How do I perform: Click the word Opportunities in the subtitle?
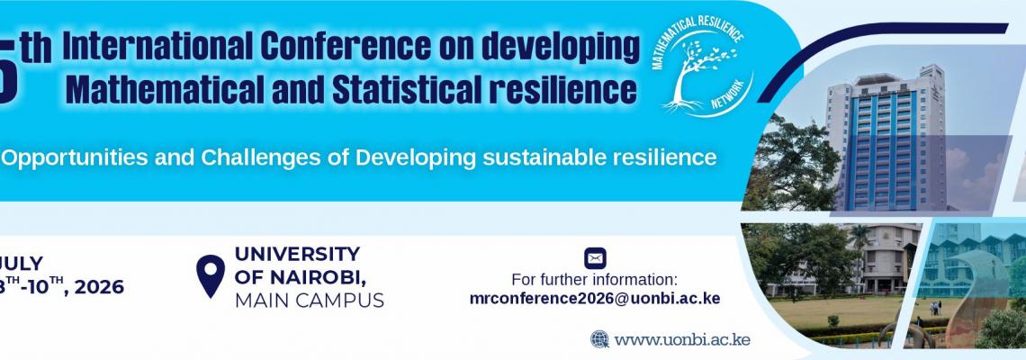click(67, 158)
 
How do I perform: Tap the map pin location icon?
click(211, 275)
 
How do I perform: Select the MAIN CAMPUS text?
click(309, 300)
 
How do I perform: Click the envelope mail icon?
click(594, 259)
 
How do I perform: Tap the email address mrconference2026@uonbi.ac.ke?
click(595, 299)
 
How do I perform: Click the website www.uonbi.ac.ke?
click(682, 339)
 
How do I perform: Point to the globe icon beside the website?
click(600, 339)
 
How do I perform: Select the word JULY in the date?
click(22, 264)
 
